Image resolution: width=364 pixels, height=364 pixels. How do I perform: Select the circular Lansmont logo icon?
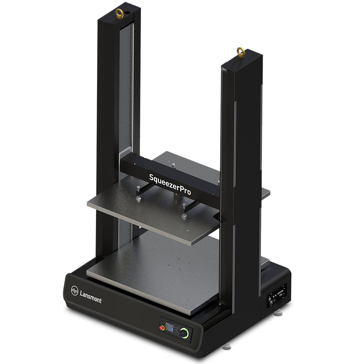pos(75,290)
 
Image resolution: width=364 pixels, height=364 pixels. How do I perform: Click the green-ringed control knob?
pos(184,333)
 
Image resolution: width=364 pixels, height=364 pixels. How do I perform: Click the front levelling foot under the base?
pos(226,345)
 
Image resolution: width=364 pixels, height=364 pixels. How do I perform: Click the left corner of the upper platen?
pos(87,204)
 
